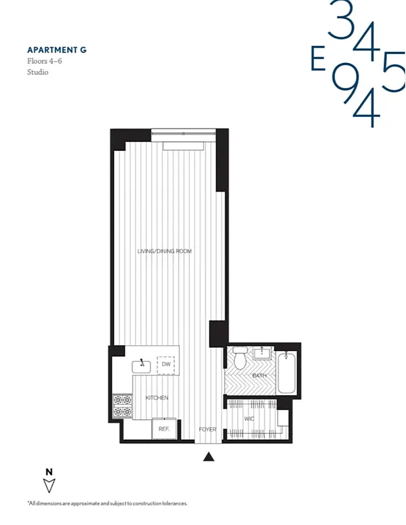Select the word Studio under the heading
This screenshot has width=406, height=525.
[37, 72]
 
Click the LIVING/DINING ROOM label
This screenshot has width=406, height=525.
[164, 251]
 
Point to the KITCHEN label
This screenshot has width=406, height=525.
[156, 398]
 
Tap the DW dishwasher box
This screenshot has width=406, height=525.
[165, 365]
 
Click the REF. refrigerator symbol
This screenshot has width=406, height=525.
[164, 429]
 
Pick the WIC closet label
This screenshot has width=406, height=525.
[249, 418]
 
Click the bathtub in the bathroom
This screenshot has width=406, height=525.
[286, 375]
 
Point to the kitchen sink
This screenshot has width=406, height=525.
[142, 364]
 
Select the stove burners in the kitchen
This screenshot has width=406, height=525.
[122, 406]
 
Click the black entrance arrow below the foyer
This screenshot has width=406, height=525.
[208, 457]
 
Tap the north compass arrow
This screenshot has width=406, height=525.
[49, 485]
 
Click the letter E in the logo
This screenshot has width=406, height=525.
[319, 60]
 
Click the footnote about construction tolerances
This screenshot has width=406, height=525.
[107, 503]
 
